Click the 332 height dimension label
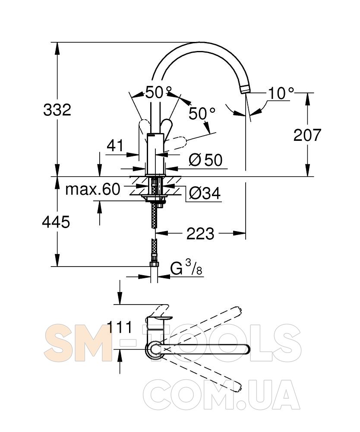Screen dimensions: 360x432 57,110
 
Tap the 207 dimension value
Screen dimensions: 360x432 307,135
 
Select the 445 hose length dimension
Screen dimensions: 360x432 56,222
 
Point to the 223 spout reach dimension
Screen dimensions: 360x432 200,234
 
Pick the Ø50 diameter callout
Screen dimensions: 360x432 205,160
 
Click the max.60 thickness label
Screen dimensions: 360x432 93,189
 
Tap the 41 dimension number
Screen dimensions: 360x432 115,145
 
